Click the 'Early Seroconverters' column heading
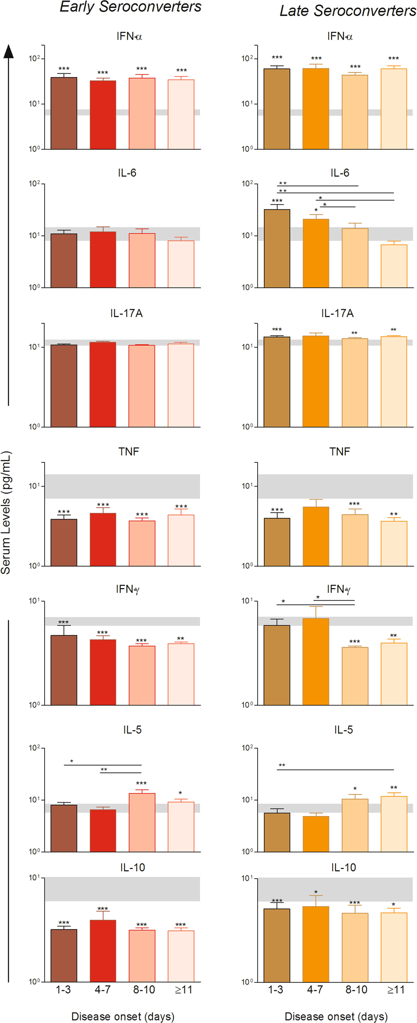pos(130,7)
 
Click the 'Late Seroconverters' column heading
pos(348,11)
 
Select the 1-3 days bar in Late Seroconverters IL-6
pos(277,248)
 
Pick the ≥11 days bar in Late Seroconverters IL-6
pos(394,266)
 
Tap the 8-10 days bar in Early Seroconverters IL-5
pos(142,822)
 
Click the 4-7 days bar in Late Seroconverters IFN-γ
pos(316,661)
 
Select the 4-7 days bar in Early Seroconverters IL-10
pos(103,951)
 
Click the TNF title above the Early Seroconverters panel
pos(129,452)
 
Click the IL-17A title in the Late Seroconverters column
pos(338,313)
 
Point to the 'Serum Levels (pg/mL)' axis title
pos(6,512)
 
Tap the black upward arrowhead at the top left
pos(8,51)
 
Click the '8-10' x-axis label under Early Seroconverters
pos(144,990)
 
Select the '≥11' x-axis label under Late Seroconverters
pos(396,990)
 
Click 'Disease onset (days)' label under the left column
pos(123,1016)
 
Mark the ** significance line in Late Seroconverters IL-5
pos(335,769)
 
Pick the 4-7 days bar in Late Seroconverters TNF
pos(316,536)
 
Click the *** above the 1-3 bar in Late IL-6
pos(277,201)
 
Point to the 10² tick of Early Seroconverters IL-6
pos(34,184)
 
